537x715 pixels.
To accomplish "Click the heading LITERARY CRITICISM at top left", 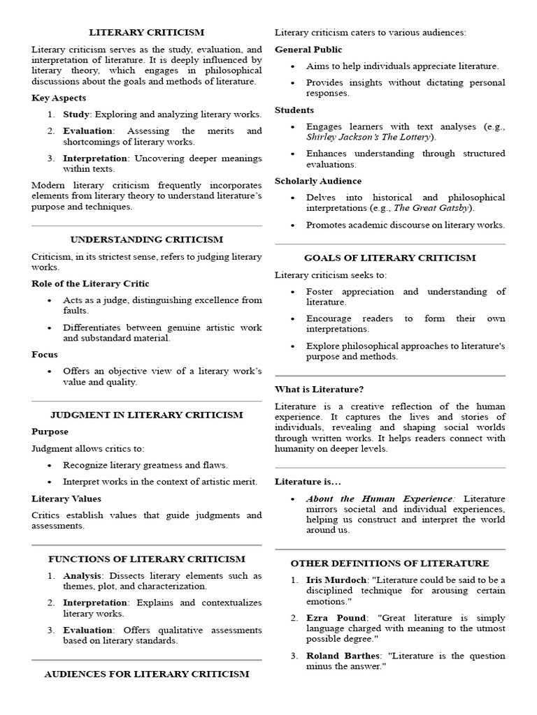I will point(146,33).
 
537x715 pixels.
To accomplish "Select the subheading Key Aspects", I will point(59,98).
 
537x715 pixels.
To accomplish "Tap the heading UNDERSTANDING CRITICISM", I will point(147,239).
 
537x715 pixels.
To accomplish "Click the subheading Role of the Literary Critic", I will point(90,283).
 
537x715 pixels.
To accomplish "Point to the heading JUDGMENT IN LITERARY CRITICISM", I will point(147,415).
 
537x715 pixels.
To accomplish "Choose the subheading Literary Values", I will point(66,499).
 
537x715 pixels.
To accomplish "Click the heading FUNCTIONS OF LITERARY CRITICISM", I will point(147,559).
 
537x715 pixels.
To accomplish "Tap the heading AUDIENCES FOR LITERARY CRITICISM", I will point(147,674).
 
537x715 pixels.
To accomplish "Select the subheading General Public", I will point(308,50).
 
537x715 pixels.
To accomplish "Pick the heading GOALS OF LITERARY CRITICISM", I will point(390,258).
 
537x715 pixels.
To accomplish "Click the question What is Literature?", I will point(319,389).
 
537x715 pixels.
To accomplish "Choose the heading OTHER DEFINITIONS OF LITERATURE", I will point(390,563).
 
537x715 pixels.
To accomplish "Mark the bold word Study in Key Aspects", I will point(76,115).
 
